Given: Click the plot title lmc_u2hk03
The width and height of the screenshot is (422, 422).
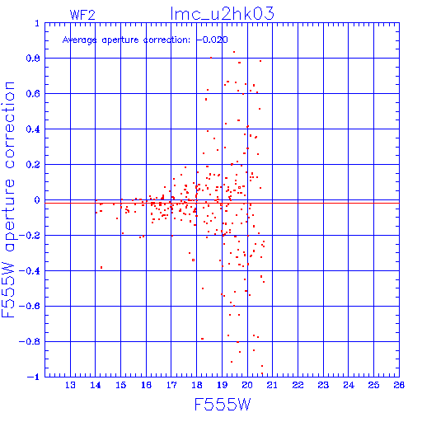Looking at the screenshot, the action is [223, 13].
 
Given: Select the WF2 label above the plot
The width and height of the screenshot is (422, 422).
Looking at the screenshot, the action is [82, 15].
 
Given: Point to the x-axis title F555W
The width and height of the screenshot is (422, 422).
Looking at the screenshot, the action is [223, 404].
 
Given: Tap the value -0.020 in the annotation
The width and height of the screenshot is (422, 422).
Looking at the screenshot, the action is [213, 40].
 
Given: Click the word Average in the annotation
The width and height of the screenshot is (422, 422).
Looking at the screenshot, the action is [80, 40].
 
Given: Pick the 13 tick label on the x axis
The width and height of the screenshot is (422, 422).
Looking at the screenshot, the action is [70, 385].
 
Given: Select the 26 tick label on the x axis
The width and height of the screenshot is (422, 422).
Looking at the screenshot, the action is [399, 385].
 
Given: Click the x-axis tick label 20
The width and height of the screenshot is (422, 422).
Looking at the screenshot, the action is [247, 385].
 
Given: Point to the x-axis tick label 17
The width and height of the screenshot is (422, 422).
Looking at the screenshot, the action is [171, 385].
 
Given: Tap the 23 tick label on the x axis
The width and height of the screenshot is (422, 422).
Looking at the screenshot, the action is [323, 385].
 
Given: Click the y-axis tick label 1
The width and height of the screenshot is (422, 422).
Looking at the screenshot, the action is [37, 23].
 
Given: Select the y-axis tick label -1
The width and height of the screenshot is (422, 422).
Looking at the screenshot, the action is [34, 377].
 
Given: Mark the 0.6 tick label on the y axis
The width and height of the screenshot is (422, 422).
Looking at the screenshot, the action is [33, 94].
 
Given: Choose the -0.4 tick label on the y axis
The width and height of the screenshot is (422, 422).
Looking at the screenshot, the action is [30, 271].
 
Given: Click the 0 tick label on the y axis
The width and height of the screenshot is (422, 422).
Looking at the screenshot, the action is [37, 200].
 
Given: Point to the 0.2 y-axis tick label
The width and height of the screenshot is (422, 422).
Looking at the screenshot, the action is [33, 165].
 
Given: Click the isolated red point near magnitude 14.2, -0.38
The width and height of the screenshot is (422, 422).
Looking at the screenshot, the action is [101, 267].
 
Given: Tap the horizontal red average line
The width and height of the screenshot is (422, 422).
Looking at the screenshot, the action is [222, 203].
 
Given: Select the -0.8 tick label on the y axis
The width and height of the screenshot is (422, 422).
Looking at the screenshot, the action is [30, 342].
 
